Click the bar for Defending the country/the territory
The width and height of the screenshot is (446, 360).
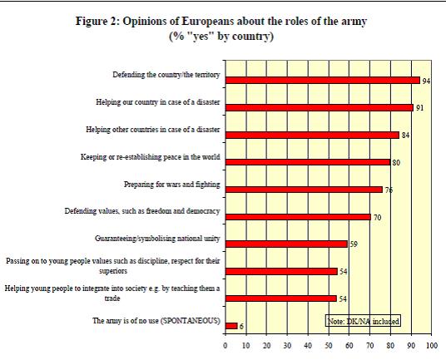[x=323, y=81]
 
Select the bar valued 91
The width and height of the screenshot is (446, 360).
[x=320, y=108]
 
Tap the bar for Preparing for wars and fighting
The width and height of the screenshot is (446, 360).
[x=304, y=190]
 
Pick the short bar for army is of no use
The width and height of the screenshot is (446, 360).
[x=231, y=326]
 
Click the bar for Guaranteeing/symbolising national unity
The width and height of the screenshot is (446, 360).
[x=286, y=244]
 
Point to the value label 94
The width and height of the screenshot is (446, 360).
[x=426, y=81]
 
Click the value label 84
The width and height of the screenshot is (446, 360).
[x=405, y=136]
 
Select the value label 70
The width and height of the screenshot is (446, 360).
[x=377, y=218]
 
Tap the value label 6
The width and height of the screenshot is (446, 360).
[x=241, y=327]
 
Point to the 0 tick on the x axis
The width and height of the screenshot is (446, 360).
[x=225, y=346]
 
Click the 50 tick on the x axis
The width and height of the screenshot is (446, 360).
[x=329, y=346]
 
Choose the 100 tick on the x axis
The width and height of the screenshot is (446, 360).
[x=432, y=346]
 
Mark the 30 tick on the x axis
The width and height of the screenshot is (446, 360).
[x=287, y=346]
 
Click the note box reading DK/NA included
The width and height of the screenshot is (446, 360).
[x=363, y=321]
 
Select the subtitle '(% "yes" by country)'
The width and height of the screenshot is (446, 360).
[x=221, y=37]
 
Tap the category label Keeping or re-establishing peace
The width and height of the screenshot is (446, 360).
[x=150, y=157]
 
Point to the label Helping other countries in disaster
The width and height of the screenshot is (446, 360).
[x=153, y=130]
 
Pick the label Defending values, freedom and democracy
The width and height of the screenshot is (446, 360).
[x=142, y=211]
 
